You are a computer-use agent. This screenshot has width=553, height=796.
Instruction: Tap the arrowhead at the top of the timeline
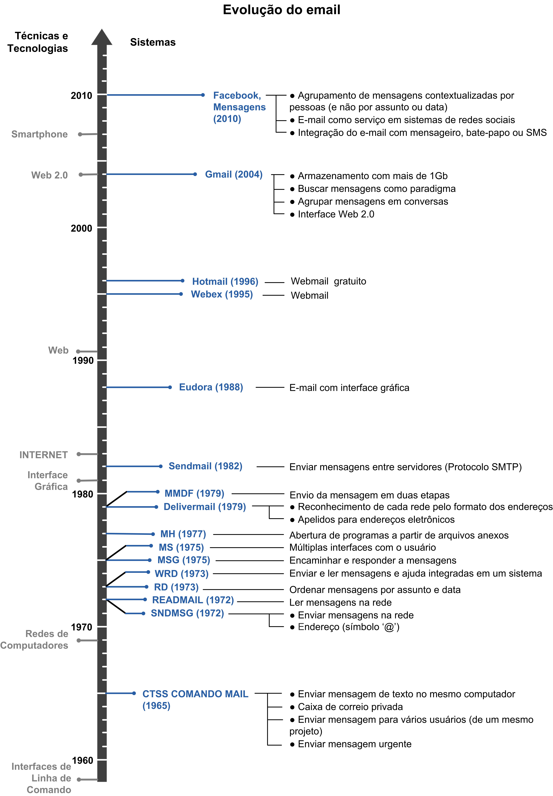tap(102, 37)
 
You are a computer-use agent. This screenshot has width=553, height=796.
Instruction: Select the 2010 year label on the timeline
tap(81, 96)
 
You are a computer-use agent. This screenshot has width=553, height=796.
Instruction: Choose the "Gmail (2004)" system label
tap(234, 174)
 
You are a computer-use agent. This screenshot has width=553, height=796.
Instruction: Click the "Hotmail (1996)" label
tap(225, 282)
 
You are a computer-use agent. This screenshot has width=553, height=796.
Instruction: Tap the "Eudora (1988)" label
tap(211, 387)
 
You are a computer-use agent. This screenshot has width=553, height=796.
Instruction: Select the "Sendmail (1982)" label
tap(205, 466)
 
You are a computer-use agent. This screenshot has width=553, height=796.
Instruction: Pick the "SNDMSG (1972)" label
tap(187, 613)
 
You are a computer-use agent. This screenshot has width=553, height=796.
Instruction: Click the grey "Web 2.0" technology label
tap(50, 175)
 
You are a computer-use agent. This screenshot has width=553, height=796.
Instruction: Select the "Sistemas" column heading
tap(153, 42)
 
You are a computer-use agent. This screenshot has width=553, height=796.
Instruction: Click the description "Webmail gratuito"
tap(328, 281)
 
